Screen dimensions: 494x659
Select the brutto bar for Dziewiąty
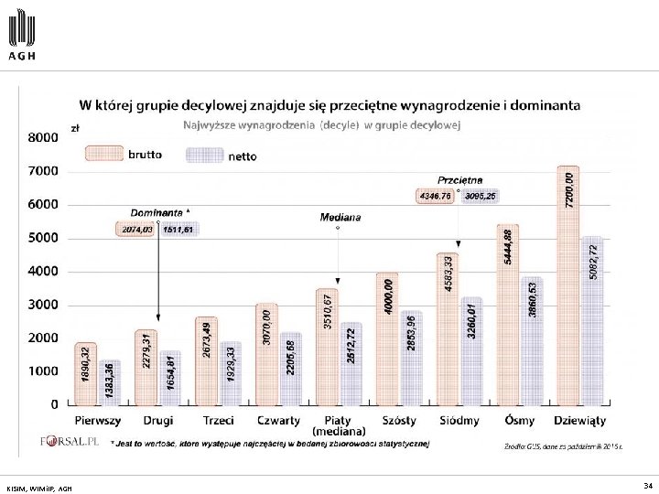click(567, 285)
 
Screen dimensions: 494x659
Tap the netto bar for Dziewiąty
click(592, 320)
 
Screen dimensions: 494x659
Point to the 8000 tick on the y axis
click(41, 137)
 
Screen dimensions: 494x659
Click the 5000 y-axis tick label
click(41, 238)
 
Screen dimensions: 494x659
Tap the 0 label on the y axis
click(56, 403)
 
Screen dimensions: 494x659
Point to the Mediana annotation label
click(340, 218)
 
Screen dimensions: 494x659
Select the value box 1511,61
click(178, 230)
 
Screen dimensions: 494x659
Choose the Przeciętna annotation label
click(460, 180)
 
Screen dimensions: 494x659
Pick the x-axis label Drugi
click(158, 421)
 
